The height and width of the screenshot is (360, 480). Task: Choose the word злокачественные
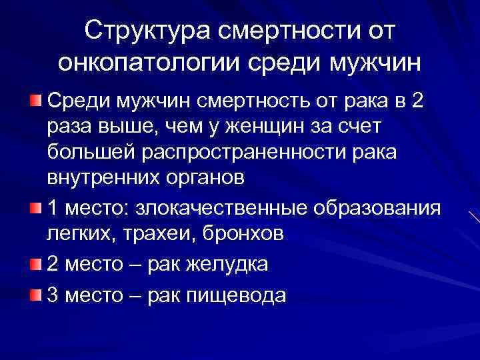point(237,208)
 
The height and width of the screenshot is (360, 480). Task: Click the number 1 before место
point(53,208)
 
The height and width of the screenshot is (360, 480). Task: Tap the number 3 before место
point(53,295)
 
